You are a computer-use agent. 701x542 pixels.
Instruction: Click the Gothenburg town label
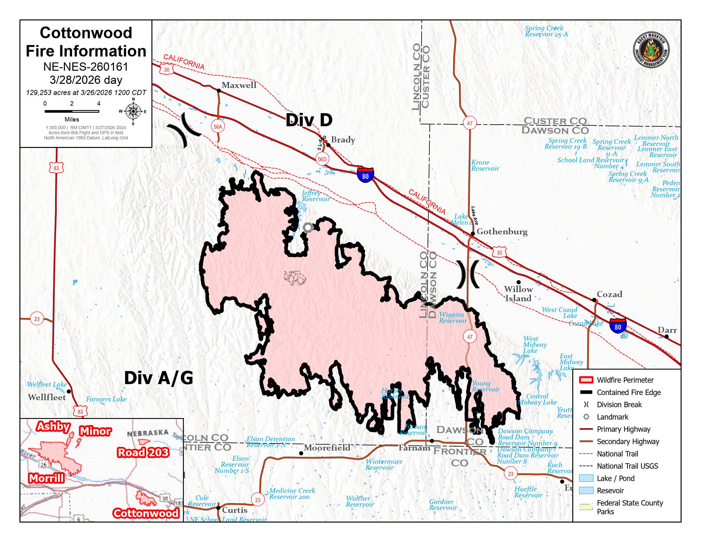502,231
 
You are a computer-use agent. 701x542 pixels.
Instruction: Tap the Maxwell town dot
219,91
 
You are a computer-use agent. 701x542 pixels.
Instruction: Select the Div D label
309,120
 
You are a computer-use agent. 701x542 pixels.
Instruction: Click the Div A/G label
159,378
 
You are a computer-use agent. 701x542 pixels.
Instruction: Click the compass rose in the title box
133,111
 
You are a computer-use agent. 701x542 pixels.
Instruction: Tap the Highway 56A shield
218,127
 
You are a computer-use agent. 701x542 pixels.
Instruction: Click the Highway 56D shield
322,159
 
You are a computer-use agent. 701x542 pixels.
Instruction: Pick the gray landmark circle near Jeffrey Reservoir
308,228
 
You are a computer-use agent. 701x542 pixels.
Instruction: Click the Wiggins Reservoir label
452,318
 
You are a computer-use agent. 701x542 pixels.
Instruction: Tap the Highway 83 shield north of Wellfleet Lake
56,168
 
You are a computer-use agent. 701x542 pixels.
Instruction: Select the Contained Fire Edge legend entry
628,392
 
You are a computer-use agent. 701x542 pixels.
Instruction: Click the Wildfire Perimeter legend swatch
586,380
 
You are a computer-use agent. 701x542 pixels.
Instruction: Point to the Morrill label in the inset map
47,479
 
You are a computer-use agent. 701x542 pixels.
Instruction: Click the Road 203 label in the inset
143,452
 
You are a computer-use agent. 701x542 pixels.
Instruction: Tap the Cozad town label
609,294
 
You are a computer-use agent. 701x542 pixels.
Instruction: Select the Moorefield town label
327,447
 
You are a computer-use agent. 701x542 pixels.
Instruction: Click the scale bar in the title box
72,111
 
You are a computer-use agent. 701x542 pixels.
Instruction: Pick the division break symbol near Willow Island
468,274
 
